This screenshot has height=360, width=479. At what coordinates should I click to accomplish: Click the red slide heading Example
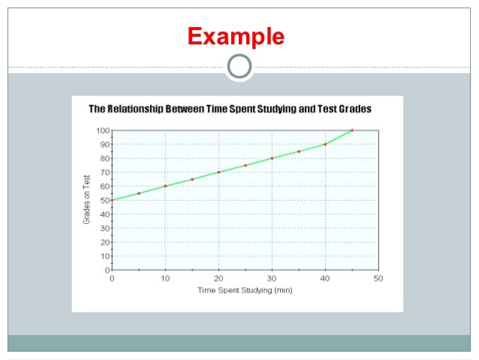point(236,36)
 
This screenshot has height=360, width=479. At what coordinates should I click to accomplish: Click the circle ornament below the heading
point(239,67)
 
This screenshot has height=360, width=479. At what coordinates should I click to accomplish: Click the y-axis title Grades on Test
point(87,199)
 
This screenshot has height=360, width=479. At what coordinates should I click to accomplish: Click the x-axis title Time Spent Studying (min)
point(245,289)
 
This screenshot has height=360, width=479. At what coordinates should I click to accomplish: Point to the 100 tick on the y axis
point(102,130)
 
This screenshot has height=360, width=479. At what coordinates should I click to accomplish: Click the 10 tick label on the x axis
point(165,278)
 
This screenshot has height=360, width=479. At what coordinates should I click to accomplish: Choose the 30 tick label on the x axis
point(272,278)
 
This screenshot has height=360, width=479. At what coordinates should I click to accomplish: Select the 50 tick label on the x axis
point(378,278)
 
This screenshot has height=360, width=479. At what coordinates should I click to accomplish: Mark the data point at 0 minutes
point(112,200)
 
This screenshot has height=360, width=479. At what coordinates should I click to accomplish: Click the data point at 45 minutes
point(352,130)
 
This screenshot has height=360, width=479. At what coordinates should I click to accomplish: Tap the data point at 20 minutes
point(218,172)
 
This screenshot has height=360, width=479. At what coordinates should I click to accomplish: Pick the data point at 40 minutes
point(325,144)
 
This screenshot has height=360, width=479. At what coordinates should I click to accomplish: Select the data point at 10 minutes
point(165,186)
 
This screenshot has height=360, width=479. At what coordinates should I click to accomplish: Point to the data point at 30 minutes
point(272,158)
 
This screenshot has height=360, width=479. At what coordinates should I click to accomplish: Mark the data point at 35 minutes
point(299,151)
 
